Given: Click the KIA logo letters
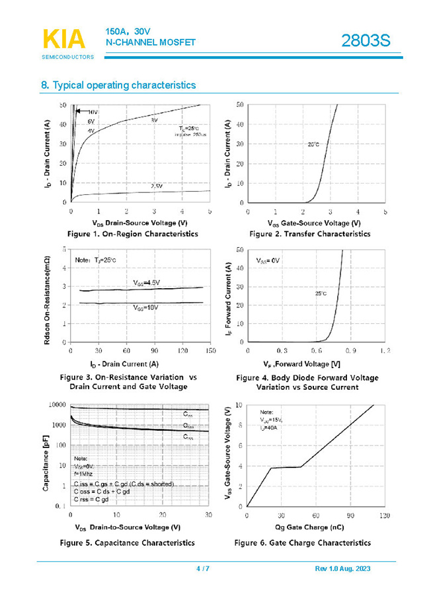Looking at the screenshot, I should pos(64,39).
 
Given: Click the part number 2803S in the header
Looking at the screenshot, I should pos(366,41).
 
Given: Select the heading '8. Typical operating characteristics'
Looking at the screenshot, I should pos(118,85).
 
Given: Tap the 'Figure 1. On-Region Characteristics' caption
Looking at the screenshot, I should pos(132,234).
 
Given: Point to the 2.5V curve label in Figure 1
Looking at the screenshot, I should pos(156,186).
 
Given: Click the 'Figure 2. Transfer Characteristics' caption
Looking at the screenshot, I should pos(309,234).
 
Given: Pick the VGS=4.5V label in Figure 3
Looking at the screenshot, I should pos(146,283).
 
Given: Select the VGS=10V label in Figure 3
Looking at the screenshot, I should pos(146,308).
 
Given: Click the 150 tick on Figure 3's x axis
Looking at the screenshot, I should pos(210,351).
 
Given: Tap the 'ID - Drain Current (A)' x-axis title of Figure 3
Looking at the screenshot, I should pos(124,363).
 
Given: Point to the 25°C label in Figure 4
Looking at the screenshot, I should pos(321,293).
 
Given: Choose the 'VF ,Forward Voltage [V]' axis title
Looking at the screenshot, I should pos(307,364).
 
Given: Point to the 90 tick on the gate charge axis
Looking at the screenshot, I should pos(350,515).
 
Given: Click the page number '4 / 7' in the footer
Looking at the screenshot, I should pos(203,569).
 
